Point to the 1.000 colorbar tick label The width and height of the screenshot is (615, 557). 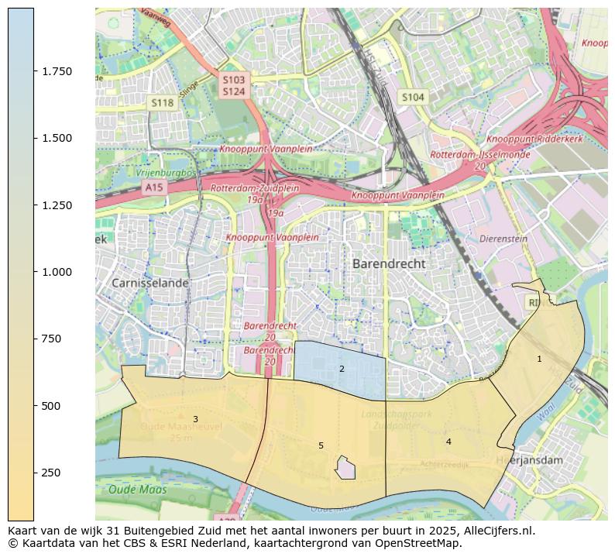tap(57, 272)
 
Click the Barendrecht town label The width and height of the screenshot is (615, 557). tap(388, 263)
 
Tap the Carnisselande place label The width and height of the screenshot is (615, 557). tap(149, 283)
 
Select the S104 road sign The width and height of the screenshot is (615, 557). tap(412, 97)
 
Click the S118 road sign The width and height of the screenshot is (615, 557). tap(162, 102)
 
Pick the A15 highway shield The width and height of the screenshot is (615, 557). tap(154, 187)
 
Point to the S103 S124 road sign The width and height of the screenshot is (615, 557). tap(233, 85)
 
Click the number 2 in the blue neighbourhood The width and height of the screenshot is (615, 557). tap(342, 369)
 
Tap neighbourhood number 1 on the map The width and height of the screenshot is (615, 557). tap(539, 359)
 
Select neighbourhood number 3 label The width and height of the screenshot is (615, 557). tap(195, 419)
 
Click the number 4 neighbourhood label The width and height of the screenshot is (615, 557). tap(448, 442)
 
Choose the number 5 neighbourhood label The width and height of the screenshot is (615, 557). tap(321, 445)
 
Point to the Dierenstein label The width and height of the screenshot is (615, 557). tap(503, 239)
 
